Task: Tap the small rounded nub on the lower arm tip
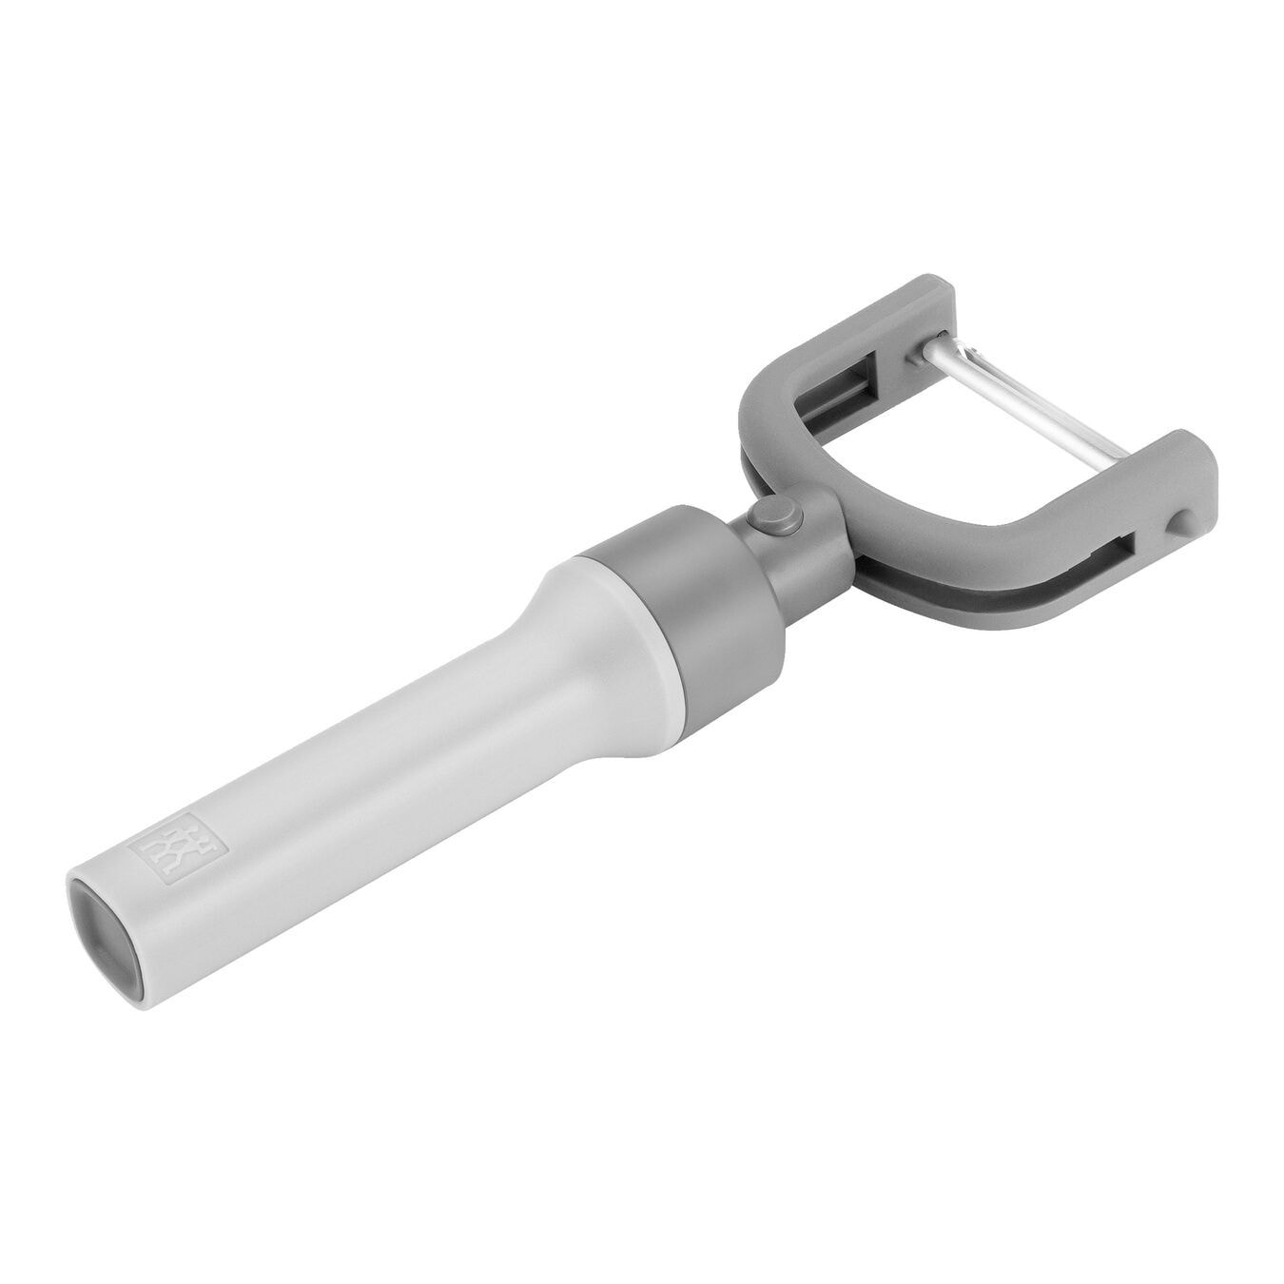[1179, 519]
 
